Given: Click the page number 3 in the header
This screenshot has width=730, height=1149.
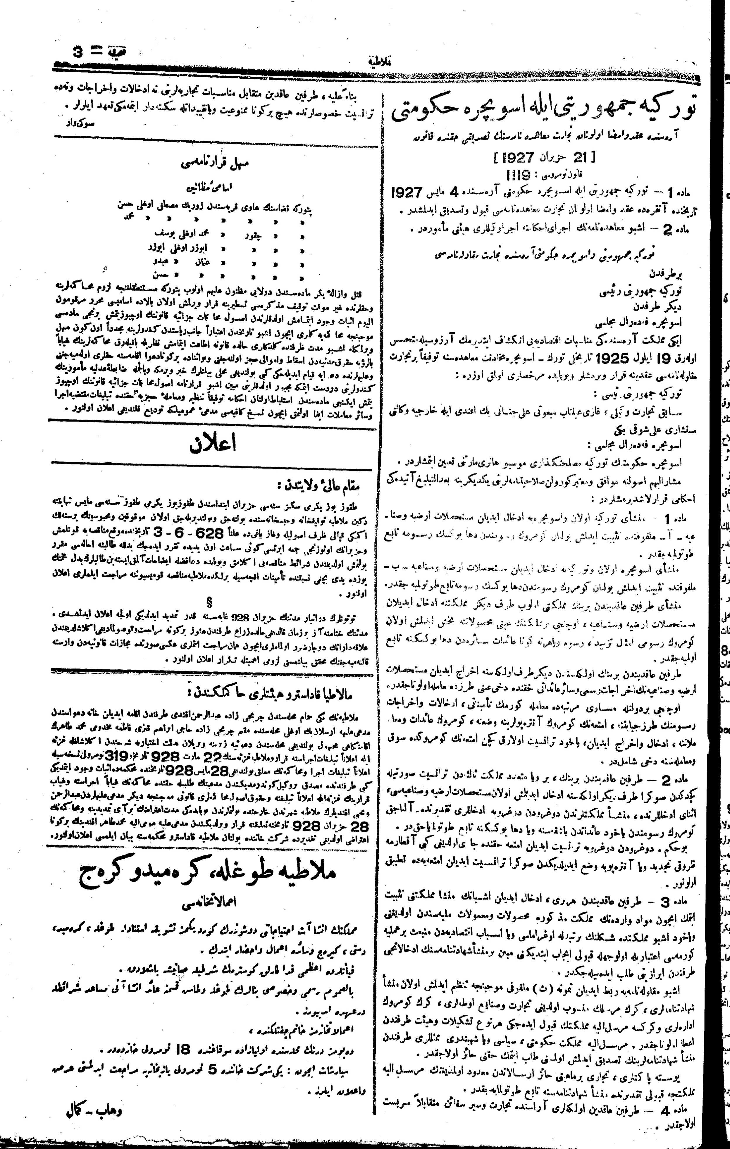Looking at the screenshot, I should [x=77, y=51].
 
